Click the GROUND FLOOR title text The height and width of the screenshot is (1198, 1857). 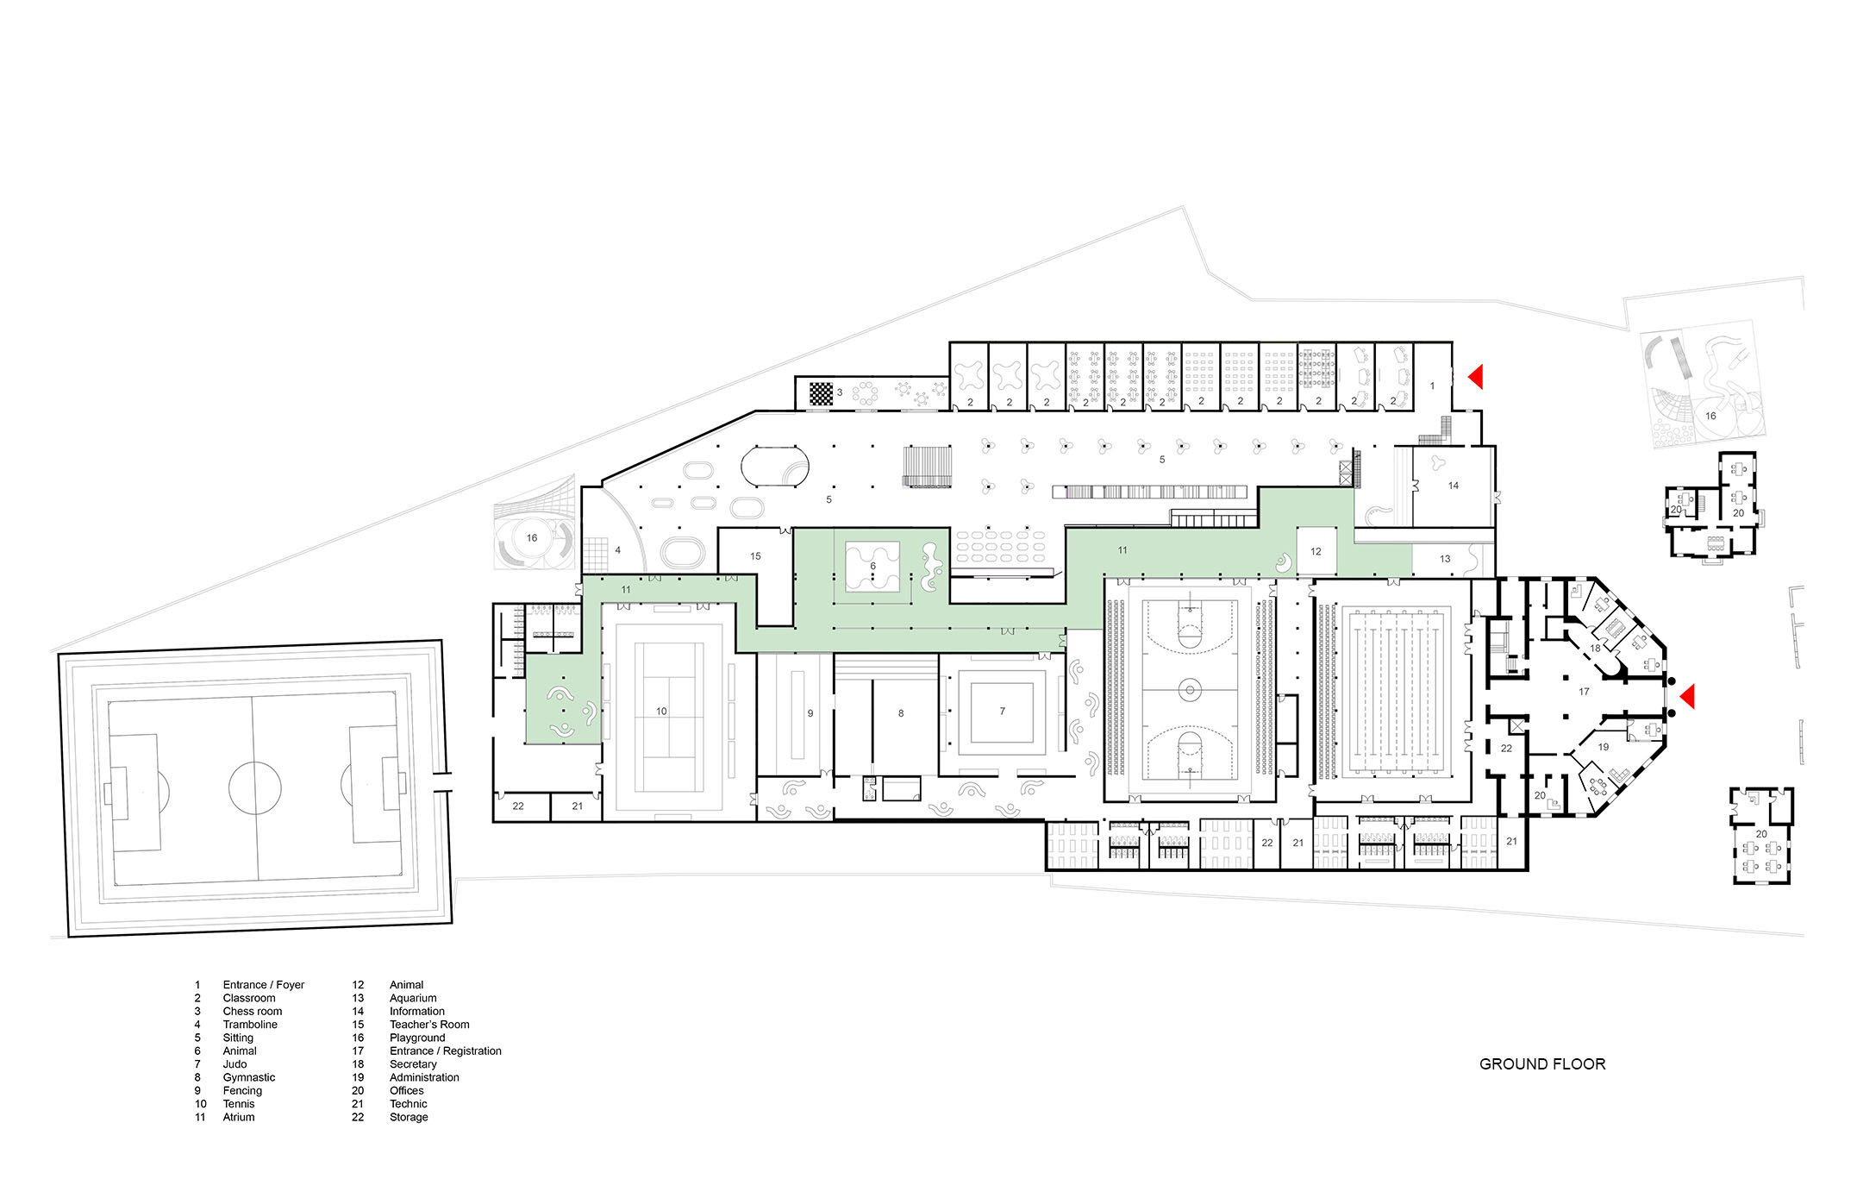click(1542, 1064)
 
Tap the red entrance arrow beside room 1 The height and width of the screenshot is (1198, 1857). click(1475, 377)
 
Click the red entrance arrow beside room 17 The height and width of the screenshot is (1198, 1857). click(1686, 696)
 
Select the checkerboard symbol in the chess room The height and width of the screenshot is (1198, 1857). click(822, 393)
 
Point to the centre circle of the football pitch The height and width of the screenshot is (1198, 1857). click(255, 787)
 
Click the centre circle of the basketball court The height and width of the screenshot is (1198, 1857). click(1190, 688)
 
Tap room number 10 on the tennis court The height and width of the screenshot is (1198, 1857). click(661, 712)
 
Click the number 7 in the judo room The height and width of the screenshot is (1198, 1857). click(1002, 712)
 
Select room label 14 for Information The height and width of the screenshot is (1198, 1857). click(1454, 486)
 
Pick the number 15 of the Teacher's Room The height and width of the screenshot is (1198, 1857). click(755, 556)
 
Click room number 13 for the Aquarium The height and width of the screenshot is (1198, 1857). click(1445, 559)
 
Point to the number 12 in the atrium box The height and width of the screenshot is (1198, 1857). click(1316, 552)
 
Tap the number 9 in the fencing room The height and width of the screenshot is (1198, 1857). click(810, 713)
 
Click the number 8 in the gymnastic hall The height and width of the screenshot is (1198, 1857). click(901, 713)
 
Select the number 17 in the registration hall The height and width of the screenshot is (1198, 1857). click(1584, 692)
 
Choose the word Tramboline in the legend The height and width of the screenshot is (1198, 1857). click(250, 1025)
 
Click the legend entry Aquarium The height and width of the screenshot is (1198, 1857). click(413, 998)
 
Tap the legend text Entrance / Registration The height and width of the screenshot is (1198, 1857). click(445, 1051)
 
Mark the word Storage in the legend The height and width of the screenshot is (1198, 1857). click(409, 1117)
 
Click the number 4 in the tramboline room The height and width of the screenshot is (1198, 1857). click(617, 550)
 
